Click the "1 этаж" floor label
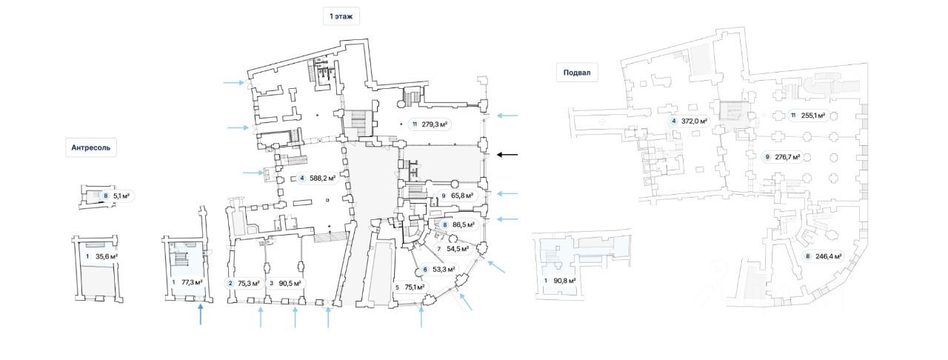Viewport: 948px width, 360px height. pos(341,16)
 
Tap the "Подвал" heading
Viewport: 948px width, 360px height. pos(577,73)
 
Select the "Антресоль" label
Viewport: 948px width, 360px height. pos(90,148)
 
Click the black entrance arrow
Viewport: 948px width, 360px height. pos(507,155)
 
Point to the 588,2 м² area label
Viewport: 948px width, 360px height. pos(318,179)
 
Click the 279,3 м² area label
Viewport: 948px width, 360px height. pos(430,124)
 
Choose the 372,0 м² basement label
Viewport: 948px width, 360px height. pos(689,121)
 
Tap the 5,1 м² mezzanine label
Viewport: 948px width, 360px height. pos(117,196)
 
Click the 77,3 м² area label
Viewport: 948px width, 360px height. pos(187,282)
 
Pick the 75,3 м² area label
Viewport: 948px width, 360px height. pos(244,284)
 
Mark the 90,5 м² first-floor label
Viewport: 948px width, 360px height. pos(285,284)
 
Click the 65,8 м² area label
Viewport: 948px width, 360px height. pos(457,196)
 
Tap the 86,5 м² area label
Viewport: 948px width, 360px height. pos(458,225)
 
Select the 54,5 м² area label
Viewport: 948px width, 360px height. pos(453,249)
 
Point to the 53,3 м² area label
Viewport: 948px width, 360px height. pos(439,270)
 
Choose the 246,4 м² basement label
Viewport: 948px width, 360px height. pos(823,256)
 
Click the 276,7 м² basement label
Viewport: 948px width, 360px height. pos(783,157)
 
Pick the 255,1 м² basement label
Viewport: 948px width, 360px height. pos(808,116)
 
